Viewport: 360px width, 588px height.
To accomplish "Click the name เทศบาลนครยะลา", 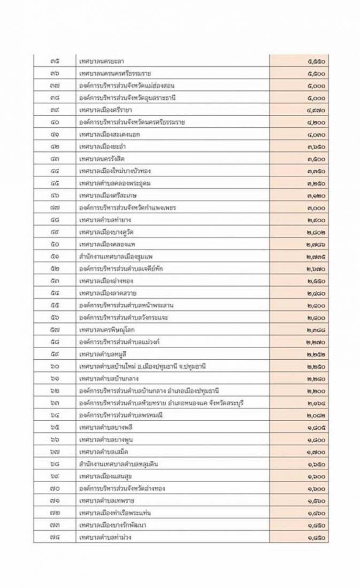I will pyautogui.click(x=102, y=61).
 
